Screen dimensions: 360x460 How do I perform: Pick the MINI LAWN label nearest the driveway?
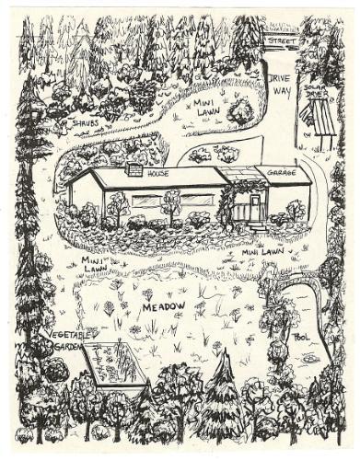pyautogui.click(x=211, y=109)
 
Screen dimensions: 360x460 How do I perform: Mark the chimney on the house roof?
pyautogui.click(x=134, y=169)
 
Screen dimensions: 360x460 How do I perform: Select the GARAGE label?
pyautogui.click(x=281, y=172)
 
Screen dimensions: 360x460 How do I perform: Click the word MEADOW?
pyautogui.click(x=163, y=305)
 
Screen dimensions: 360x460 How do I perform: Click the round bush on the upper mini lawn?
pyautogui.click(x=240, y=113)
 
